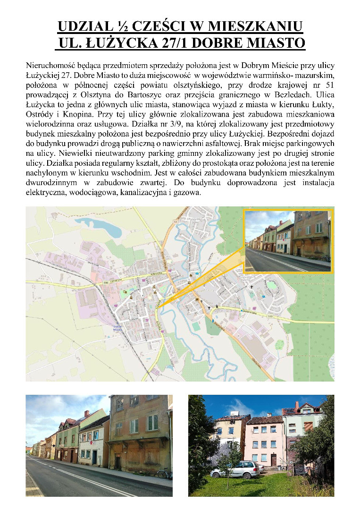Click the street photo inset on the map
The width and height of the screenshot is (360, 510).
288,241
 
